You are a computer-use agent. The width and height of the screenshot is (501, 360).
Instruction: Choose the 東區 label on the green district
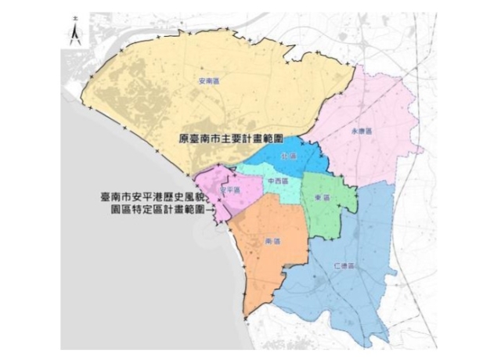pyautogui.click(x=319, y=197)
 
